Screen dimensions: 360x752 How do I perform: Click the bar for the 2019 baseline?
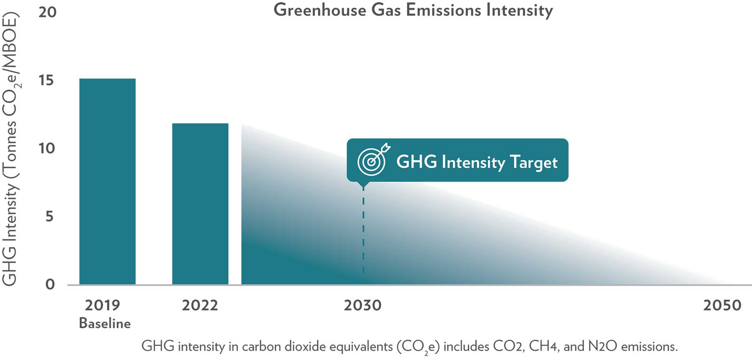click(x=107, y=181)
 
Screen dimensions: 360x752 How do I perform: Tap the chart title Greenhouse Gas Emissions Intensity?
click(x=413, y=10)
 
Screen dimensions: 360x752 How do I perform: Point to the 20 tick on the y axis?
click(x=47, y=12)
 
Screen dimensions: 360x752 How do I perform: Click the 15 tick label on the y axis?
click(x=46, y=80)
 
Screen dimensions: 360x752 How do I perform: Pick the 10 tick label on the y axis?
click(x=47, y=149)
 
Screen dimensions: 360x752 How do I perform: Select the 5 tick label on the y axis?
click(x=49, y=217)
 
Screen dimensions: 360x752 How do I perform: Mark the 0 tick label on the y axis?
click(x=50, y=284)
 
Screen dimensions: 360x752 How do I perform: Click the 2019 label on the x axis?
click(x=102, y=305)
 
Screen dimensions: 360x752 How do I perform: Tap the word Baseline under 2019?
click(x=105, y=323)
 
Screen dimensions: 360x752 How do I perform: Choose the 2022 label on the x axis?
click(x=200, y=305)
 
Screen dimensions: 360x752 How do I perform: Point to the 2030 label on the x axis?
click(x=362, y=305)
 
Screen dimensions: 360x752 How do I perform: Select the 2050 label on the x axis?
click(x=722, y=305)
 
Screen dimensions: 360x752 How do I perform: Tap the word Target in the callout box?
click(x=533, y=162)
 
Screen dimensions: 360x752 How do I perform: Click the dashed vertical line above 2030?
click(x=363, y=230)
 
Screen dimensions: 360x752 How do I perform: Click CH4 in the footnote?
click(x=544, y=347)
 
